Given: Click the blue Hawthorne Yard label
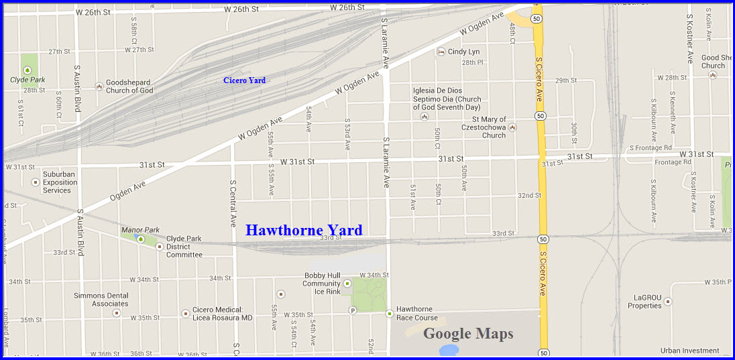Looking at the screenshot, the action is [x=304, y=231].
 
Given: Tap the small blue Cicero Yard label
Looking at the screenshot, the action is [x=244, y=80].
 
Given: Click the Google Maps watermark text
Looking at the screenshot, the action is [x=468, y=334].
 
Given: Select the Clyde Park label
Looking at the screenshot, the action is [x=27, y=80].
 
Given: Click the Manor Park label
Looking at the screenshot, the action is [x=140, y=230].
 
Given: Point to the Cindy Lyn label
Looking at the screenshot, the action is [x=463, y=52].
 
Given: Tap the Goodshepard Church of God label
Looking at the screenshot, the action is [x=129, y=86].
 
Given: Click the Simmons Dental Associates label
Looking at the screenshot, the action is [x=101, y=300].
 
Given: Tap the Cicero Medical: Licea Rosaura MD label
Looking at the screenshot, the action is [x=223, y=313].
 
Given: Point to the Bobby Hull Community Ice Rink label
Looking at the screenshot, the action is [x=322, y=284].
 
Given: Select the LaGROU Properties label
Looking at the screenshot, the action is [x=644, y=302].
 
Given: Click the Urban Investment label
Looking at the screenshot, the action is [x=689, y=351].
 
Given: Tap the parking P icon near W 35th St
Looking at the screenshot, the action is [x=353, y=310].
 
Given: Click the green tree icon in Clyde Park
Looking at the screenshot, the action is [x=27, y=69].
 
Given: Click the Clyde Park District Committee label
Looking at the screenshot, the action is [x=184, y=247].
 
